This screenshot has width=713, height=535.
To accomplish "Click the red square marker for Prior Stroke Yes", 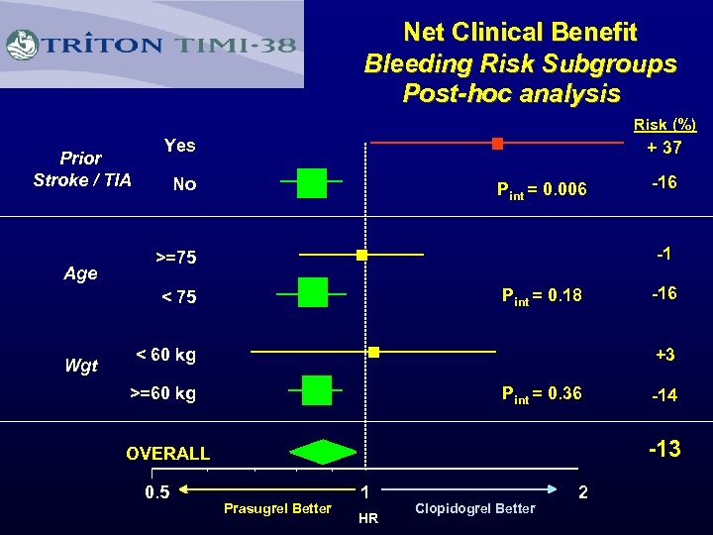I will coord(497,144).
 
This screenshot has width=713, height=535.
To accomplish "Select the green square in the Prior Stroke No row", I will coord(311,183).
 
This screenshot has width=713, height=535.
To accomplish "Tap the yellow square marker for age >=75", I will coord(362,256).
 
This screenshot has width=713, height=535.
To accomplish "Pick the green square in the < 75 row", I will coord(313,293).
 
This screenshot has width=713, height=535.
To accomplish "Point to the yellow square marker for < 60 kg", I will coord(374,352).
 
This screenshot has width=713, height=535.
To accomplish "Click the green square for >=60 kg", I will coord(317,390).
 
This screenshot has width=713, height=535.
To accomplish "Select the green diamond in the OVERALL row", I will coord(323,452).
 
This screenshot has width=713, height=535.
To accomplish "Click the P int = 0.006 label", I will coord(542,190).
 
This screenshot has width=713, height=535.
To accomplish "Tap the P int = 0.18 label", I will coord(542,294).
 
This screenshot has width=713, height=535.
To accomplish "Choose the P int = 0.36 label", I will coord(542,394).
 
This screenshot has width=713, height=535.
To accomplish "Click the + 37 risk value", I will coord(663,148).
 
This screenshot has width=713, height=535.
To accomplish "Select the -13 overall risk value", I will coord(663,449).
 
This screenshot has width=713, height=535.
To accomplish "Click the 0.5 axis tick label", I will coord(156,492).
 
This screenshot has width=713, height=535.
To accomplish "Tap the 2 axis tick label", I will coord(584,492).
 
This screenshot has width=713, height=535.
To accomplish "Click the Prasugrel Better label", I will coord(277,509).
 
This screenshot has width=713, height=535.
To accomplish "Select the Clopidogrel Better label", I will coord(474,508).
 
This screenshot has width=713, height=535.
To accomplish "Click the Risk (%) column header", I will coord(664,125).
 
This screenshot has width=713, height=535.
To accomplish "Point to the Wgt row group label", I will coord(81,367).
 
